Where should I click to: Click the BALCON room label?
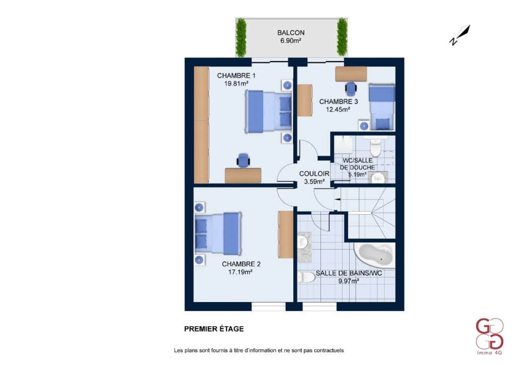pos(291,33)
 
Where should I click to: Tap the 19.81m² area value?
pos(236,84)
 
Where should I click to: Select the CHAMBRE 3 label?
pos(338,101)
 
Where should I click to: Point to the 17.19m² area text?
pos(240,272)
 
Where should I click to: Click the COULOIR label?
pos(314,173)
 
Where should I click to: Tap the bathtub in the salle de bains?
pos(375,256)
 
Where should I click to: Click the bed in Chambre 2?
pos(218,234)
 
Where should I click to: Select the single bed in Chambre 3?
pos(382,107)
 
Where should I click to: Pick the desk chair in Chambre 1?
pos(243,160)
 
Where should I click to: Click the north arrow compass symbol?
pos(460,35)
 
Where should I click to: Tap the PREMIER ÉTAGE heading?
pos(214,329)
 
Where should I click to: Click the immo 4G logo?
pos(489,336)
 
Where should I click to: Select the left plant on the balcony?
pos(241,37)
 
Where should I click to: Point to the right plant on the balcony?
pos(342,37)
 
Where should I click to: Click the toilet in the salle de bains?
pos(306,277)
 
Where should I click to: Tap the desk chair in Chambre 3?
pos(351,89)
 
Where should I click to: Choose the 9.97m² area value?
pos(349,281)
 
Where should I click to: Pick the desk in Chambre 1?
pos(243,175)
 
